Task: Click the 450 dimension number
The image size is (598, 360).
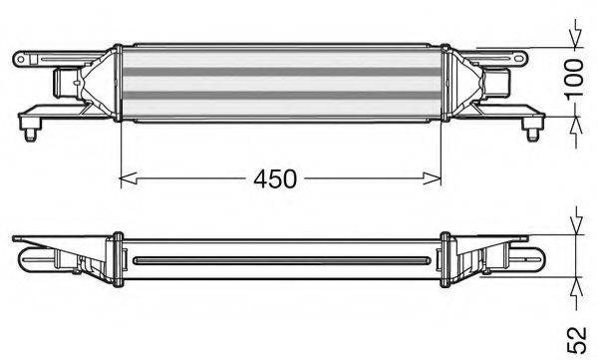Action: (x=275, y=179)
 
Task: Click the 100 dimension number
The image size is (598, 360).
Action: (x=575, y=80)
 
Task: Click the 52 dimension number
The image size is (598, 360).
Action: (x=576, y=339)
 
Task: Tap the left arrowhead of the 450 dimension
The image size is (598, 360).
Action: (x=129, y=179)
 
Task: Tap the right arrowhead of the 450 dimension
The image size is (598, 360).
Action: (x=433, y=179)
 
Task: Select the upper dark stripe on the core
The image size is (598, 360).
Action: (x=281, y=72)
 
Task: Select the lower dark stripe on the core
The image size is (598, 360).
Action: (x=281, y=96)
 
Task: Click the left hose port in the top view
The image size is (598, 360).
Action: (x=67, y=83)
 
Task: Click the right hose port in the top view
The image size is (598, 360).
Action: (x=496, y=83)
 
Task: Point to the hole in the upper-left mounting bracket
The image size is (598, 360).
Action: (x=21, y=59)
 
